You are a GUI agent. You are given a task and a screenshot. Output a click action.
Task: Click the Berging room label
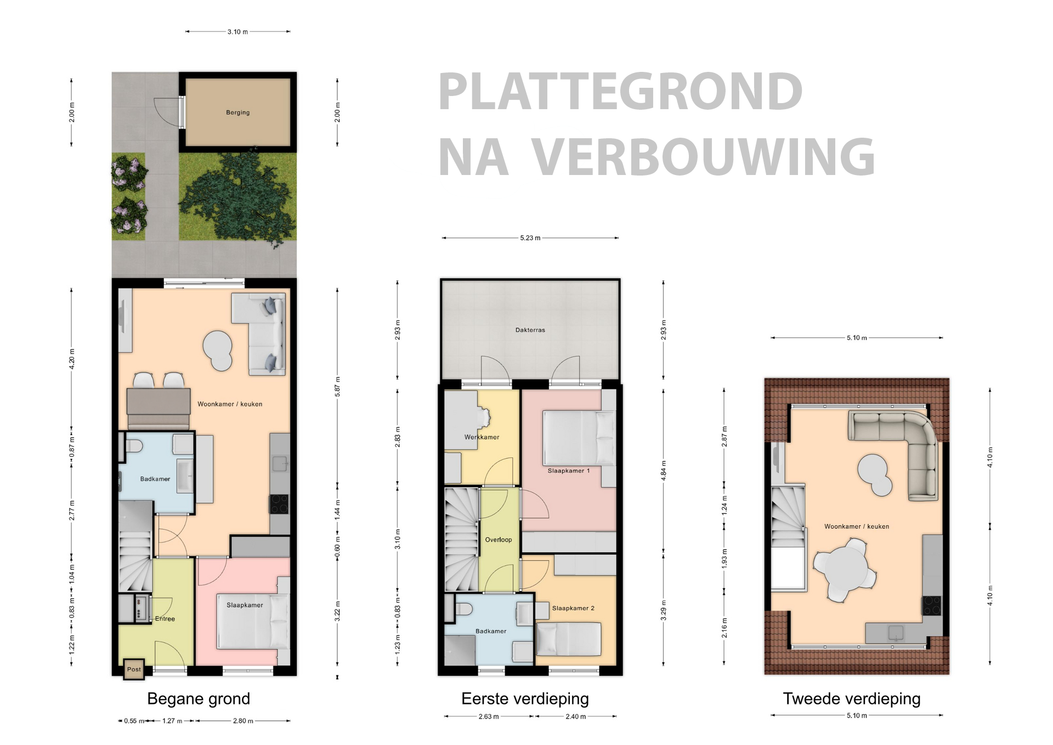(237, 112)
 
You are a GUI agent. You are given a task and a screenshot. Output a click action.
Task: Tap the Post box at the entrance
(134, 669)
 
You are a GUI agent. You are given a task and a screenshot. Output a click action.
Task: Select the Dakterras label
(530, 330)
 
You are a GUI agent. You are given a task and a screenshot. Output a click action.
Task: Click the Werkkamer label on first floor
(482, 437)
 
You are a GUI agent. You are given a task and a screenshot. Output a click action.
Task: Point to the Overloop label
(498, 540)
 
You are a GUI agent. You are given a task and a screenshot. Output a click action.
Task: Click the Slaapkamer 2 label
(573, 608)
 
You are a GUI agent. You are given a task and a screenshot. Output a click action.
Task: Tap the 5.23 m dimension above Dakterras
(530, 238)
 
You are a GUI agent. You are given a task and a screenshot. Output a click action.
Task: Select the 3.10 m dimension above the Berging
(237, 32)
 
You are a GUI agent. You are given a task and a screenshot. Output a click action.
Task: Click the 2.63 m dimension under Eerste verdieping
(488, 716)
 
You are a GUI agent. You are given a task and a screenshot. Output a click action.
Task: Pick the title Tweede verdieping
(851, 699)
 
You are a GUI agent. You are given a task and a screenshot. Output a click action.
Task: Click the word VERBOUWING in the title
(703, 157)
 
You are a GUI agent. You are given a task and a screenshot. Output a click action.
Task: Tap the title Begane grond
(199, 699)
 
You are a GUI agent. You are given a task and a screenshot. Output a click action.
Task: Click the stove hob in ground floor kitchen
(279, 504)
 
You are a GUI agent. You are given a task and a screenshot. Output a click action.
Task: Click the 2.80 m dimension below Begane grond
(242, 721)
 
